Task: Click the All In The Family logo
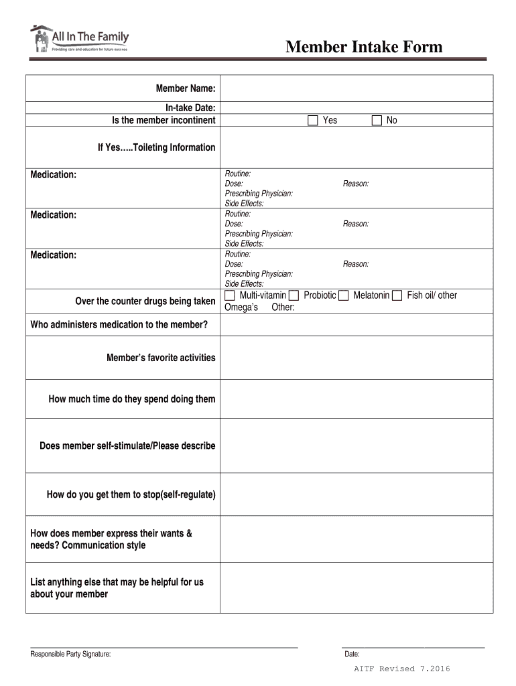[x=79, y=40]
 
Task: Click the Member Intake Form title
[x=364, y=47]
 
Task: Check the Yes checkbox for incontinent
[x=313, y=121]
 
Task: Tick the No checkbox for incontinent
[x=377, y=121]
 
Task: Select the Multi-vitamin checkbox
[x=230, y=295]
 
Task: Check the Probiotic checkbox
[x=294, y=295]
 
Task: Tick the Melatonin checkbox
[x=343, y=295]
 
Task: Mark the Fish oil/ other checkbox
[x=397, y=295]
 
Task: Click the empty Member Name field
[x=356, y=88]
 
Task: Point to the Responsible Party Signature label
[x=70, y=655]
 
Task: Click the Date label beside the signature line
[x=352, y=655]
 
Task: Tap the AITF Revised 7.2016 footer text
[x=402, y=669]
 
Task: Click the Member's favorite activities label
[x=161, y=358]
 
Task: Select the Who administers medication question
[x=119, y=326]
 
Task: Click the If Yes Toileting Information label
[x=156, y=147]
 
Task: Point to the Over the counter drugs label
[x=145, y=301]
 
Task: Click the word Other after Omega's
[x=283, y=307]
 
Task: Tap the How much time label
[x=132, y=399]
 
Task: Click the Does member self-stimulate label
[x=127, y=446]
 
